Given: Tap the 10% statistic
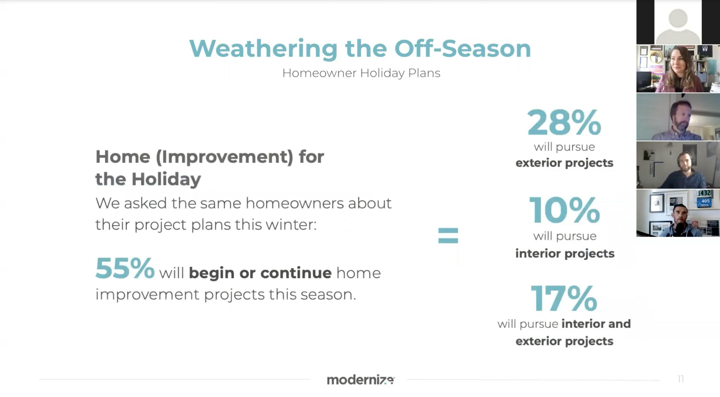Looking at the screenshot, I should click(x=564, y=210).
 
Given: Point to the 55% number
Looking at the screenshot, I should click(x=125, y=268).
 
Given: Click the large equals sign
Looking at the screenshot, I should click(x=448, y=235).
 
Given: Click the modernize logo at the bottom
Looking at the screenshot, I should click(x=361, y=380).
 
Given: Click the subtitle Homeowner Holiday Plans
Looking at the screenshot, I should click(x=361, y=73).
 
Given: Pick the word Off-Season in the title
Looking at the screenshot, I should click(x=463, y=49).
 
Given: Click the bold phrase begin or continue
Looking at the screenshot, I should click(x=260, y=273).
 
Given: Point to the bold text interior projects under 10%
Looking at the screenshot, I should click(x=565, y=254).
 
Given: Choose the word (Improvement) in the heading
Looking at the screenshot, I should click(x=224, y=157).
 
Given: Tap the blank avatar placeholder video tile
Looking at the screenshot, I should click(x=678, y=22).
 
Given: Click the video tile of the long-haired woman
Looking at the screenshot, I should click(x=678, y=69).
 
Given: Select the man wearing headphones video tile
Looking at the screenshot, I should click(x=678, y=165).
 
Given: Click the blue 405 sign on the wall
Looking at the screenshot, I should click(x=705, y=201).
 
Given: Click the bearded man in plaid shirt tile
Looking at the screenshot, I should click(x=678, y=117).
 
